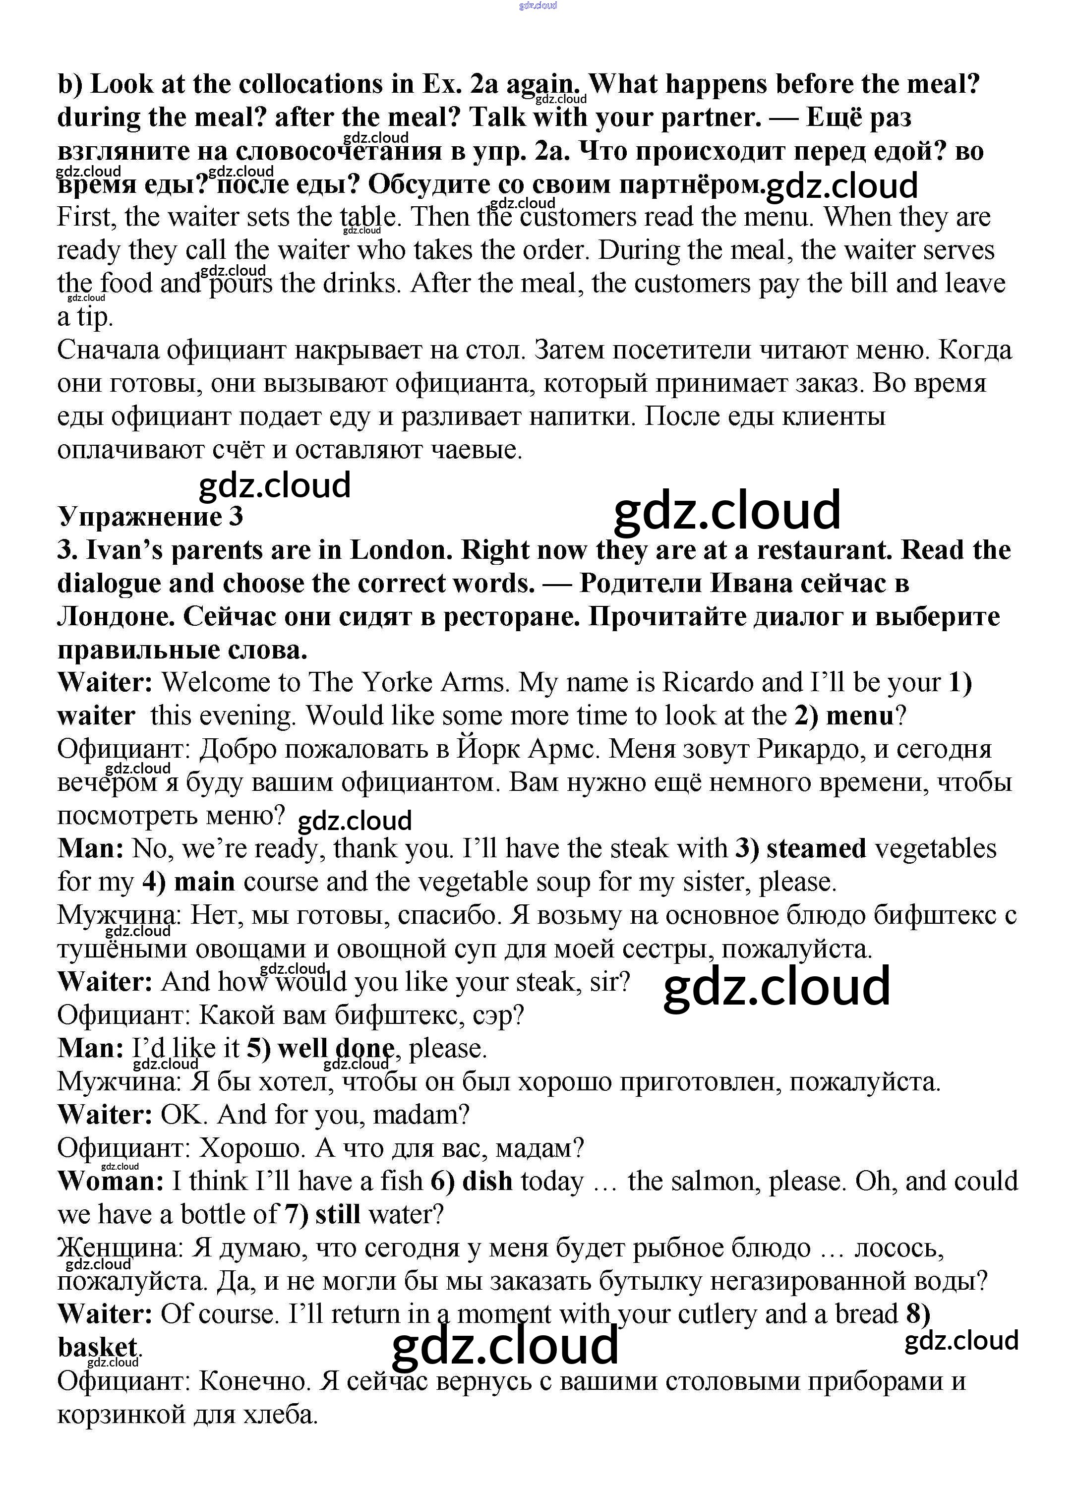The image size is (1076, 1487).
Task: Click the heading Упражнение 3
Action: click(150, 517)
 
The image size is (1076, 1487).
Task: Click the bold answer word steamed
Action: click(816, 848)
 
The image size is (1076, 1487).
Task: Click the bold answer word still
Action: click(338, 1214)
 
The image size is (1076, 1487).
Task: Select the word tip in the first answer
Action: click(94, 317)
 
